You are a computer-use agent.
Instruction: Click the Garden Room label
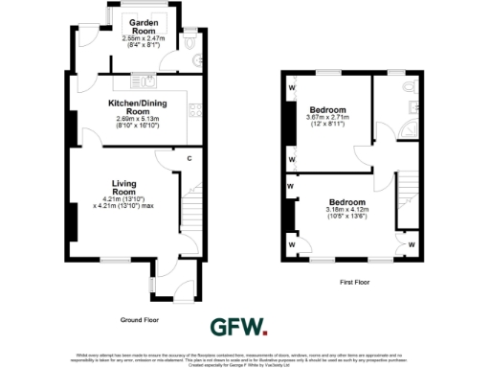(x=139, y=29)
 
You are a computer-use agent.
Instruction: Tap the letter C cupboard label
(x=189, y=157)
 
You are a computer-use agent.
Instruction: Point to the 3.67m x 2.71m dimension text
(x=328, y=117)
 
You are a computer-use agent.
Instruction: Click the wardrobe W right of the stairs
(x=411, y=244)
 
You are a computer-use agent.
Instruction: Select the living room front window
(x=118, y=259)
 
